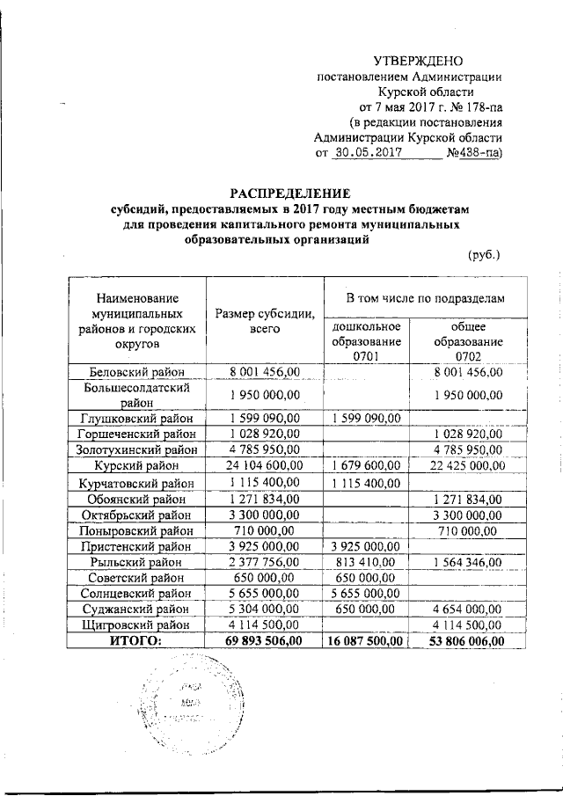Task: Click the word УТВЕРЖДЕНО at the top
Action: (x=418, y=61)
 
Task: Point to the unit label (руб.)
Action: (x=483, y=255)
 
